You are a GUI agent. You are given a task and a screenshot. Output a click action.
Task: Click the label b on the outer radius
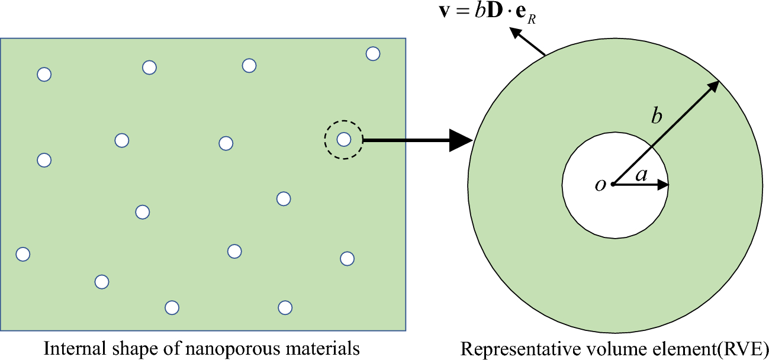656,116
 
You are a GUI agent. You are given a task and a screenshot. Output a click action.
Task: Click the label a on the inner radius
641,175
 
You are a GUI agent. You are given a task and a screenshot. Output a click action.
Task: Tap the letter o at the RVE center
600,185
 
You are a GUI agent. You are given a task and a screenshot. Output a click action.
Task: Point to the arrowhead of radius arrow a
664,185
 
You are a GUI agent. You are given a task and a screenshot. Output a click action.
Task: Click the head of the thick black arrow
459,140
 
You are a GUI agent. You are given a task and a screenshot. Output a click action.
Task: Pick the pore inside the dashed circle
343,140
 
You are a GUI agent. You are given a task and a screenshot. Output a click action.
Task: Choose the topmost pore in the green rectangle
372,54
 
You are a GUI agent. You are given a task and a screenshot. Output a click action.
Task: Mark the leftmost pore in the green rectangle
22,254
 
